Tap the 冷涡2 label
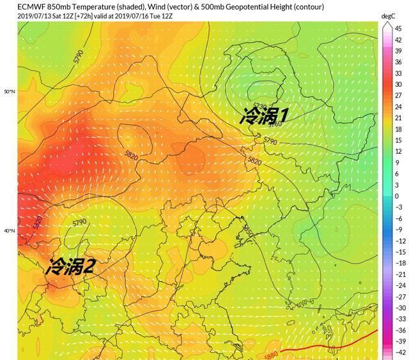[69, 266]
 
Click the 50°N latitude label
[8, 92]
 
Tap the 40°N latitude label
[8, 231]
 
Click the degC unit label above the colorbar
[388, 15]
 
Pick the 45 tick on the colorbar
[397, 29]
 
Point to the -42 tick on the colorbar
[398, 352]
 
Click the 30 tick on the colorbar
[397, 84]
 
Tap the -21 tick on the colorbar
[398, 274]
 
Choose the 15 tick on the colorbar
[397, 140]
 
